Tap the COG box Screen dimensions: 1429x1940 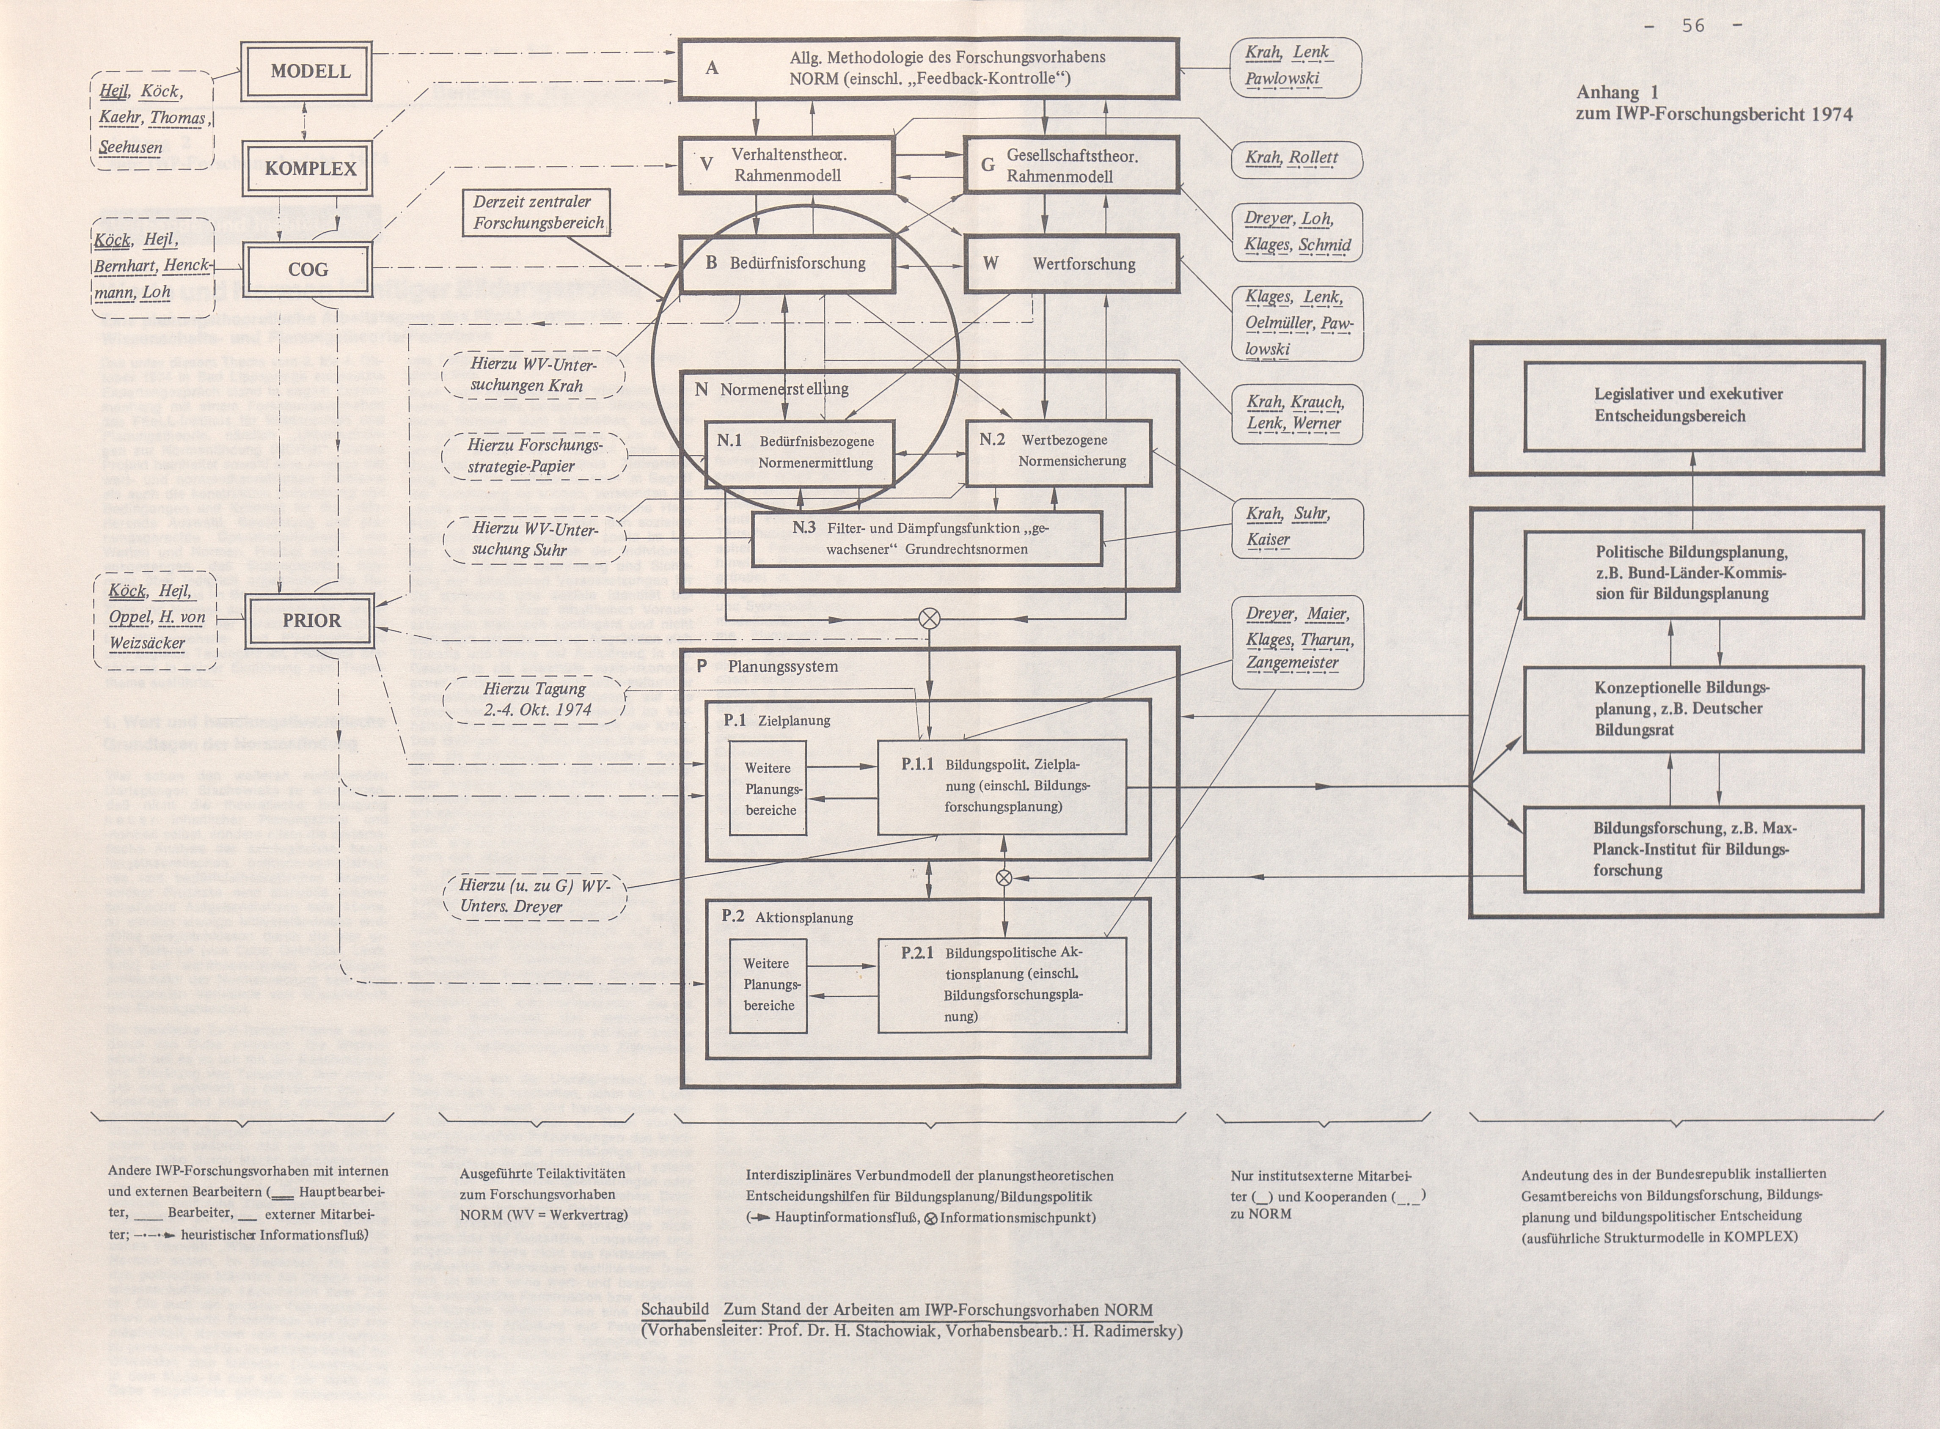click(308, 269)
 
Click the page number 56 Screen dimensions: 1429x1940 click(1693, 26)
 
